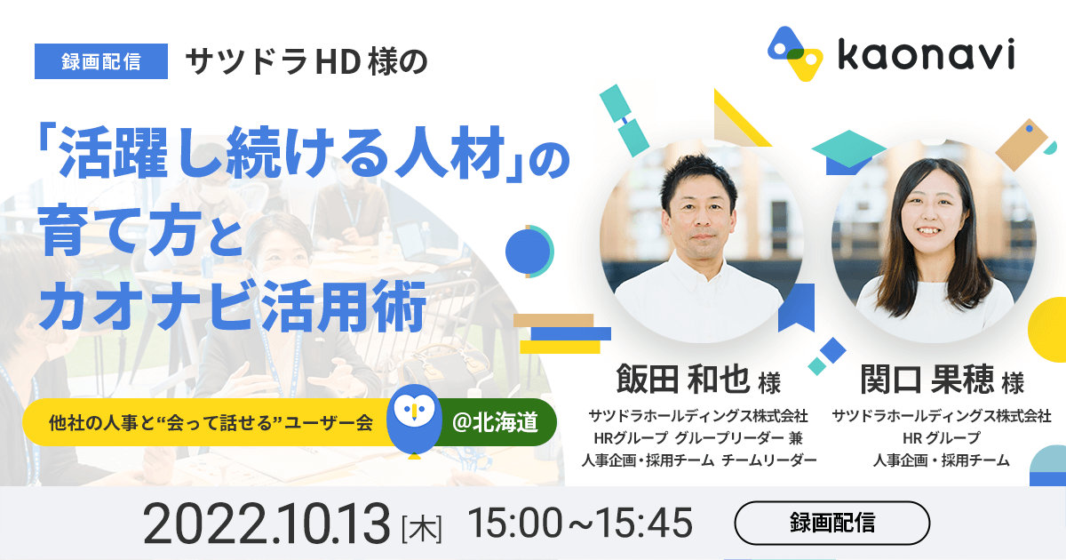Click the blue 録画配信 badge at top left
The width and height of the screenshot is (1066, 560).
click(101, 61)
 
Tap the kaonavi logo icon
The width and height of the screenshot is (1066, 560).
click(795, 53)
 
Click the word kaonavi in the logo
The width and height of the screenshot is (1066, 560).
click(926, 54)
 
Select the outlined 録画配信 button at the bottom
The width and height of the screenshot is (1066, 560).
click(831, 523)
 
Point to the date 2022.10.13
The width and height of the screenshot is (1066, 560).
click(266, 524)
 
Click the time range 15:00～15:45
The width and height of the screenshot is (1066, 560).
click(579, 523)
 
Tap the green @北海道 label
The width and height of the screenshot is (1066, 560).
click(495, 422)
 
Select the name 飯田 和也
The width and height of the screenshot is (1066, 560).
click(683, 380)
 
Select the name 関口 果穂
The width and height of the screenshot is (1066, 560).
click(927, 380)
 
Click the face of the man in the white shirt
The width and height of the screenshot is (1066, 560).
click(702, 217)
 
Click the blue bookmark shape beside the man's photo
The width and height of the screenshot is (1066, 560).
click(796, 308)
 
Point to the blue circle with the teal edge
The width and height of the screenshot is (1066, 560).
click(529, 252)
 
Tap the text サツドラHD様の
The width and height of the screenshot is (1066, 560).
click(306, 62)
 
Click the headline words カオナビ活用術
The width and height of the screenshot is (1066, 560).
click(232, 306)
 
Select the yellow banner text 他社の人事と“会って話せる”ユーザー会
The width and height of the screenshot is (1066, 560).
click(211, 422)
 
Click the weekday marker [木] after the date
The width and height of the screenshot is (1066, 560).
click(422, 529)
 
